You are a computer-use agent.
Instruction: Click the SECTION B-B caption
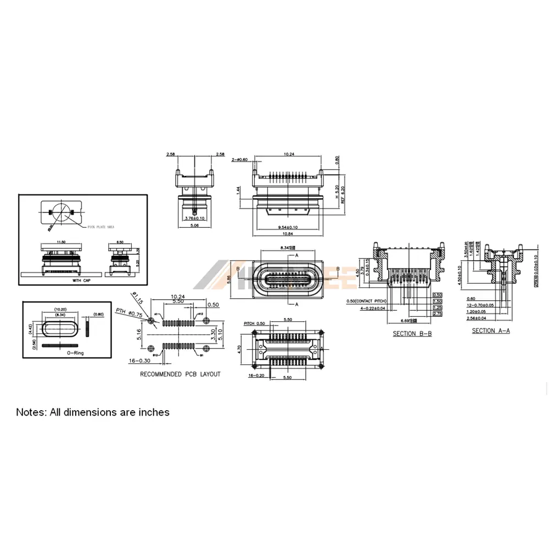point(412,334)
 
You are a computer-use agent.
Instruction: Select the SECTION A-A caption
point(490,330)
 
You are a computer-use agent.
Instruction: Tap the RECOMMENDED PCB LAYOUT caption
point(180,374)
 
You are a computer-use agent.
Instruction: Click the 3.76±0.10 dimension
point(194,217)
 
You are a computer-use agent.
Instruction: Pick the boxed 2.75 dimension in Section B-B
point(438,313)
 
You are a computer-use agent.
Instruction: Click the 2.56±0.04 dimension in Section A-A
point(478,318)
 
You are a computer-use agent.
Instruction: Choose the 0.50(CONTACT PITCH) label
point(367,301)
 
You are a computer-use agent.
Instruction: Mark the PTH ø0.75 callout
point(128,313)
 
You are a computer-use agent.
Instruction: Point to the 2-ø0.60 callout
point(240,159)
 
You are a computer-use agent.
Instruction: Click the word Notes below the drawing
point(31,412)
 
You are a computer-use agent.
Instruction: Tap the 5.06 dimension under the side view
point(194,225)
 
